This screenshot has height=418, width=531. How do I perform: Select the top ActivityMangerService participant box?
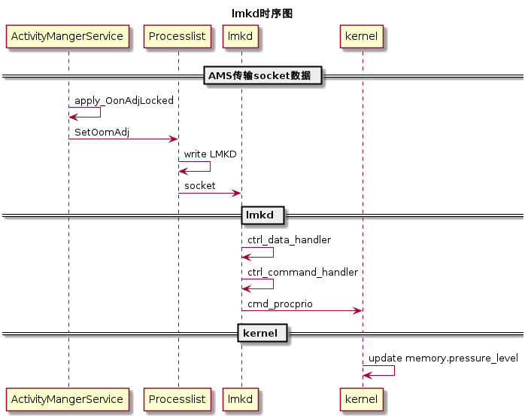pos(68,36)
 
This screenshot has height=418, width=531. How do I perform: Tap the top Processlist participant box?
pos(178,36)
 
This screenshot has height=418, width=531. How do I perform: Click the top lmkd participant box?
pos(241,36)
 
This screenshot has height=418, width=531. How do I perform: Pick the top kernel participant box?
pos(363,36)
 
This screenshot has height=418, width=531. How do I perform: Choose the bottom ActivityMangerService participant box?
pos(68,398)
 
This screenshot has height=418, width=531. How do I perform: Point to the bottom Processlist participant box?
pos(178,398)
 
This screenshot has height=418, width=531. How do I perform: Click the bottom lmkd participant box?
pos(241,398)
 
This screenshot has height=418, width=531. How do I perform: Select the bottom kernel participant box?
pos(363,398)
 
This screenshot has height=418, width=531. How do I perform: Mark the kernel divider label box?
pos(262,333)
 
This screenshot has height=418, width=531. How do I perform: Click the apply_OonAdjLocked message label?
pos(124,100)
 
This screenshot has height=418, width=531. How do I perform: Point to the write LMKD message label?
pos(210,154)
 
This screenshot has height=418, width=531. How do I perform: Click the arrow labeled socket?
pos(209,194)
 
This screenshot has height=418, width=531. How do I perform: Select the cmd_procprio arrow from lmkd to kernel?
pos(302,310)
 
